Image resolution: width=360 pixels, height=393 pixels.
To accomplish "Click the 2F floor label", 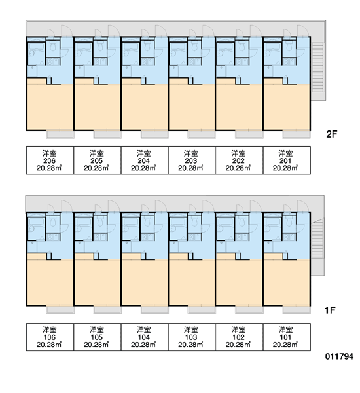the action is click(x=331, y=134).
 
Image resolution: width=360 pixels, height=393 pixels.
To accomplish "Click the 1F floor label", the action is click(x=330, y=310).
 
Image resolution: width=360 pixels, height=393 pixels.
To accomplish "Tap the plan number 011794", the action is click(x=339, y=356).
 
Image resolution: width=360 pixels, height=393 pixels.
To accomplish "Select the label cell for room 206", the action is click(x=50, y=160).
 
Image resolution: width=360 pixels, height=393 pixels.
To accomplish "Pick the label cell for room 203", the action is click(x=192, y=160).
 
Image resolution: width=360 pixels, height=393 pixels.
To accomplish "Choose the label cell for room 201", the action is click(x=287, y=160).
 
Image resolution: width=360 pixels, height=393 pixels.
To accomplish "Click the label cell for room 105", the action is click(x=98, y=337).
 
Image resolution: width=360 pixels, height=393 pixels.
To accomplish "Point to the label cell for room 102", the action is click(x=240, y=337).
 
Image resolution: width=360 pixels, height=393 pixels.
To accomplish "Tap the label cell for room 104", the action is click(x=145, y=337).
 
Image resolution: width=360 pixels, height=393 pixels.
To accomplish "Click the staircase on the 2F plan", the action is click(x=317, y=67).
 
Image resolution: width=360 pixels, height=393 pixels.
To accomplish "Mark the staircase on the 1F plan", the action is click(x=317, y=238).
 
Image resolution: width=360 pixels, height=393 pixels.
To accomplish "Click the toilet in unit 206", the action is click(x=53, y=45).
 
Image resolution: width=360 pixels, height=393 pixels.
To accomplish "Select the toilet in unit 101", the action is click(x=289, y=221).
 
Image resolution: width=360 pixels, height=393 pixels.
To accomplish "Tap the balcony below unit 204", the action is click(x=154, y=134).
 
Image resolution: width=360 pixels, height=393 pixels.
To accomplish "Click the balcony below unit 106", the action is click(x=60, y=310).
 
